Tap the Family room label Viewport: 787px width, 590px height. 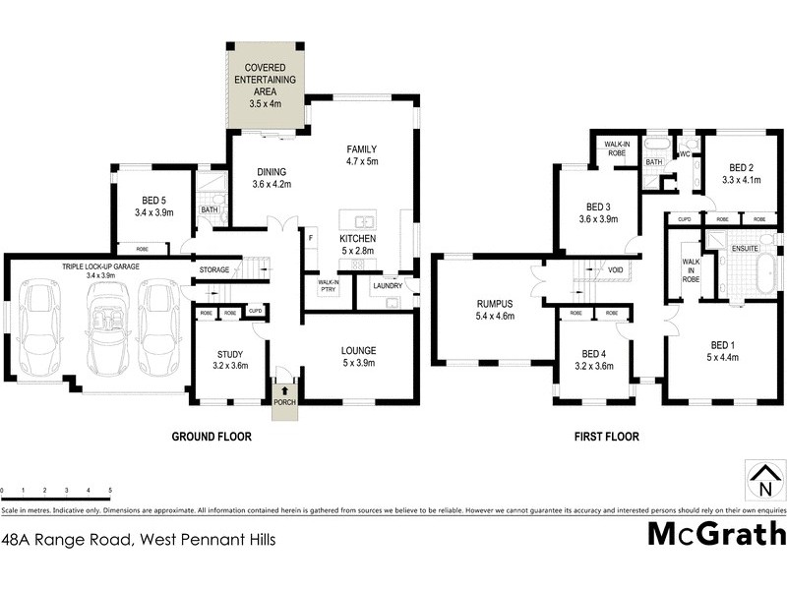pyautogui.click(x=362, y=154)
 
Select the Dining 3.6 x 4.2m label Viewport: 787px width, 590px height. pyautogui.click(x=272, y=177)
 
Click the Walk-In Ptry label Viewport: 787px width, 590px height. pyautogui.click(x=328, y=286)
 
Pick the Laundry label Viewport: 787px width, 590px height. pyautogui.click(x=388, y=286)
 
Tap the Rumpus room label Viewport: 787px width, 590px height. pyautogui.click(x=495, y=310)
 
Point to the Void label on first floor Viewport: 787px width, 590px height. pyautogui.click(x=616, y=268)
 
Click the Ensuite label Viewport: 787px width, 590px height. pyautogui.click(x=744, y=249)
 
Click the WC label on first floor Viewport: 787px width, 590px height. pyautogui.click(x=686, y=153)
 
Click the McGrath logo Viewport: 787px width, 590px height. pyautogui.click(x=716, y=534)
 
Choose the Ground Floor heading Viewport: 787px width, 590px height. pyautogui.click(x=212, y=436)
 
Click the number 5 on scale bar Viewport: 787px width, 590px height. pyautogui.click(x=110, y=490)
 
